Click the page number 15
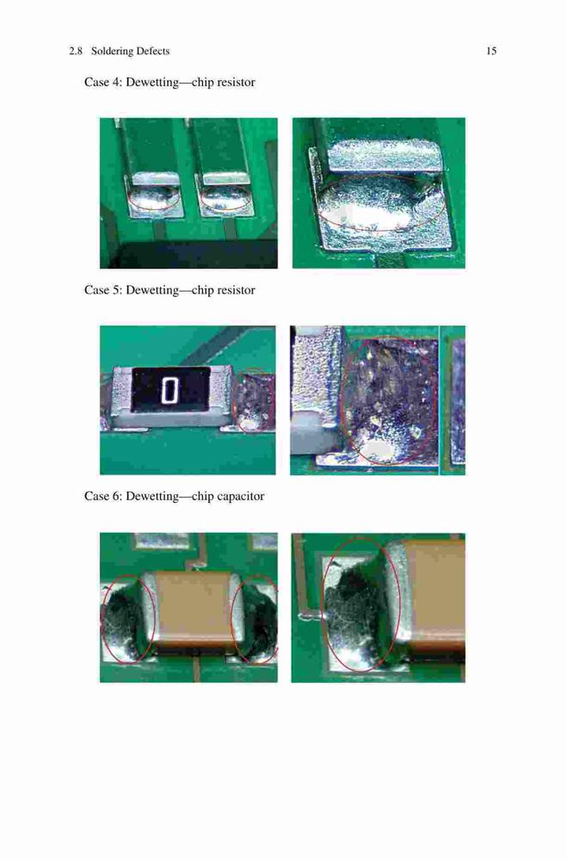coord(491,51)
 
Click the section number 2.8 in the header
coord(76,51)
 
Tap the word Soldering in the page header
coord(113,52)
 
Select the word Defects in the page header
coord(153,51)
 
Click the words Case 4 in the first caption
coord(102,83)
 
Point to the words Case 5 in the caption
coord(102,290)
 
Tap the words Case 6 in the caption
coord(102,497)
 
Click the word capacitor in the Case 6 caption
coord(241,497)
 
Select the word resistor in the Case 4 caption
coord(236,83)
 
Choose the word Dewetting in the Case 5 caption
coord(152,290)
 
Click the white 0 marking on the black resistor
coord(170,391)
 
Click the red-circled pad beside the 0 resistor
coord(253,402)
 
